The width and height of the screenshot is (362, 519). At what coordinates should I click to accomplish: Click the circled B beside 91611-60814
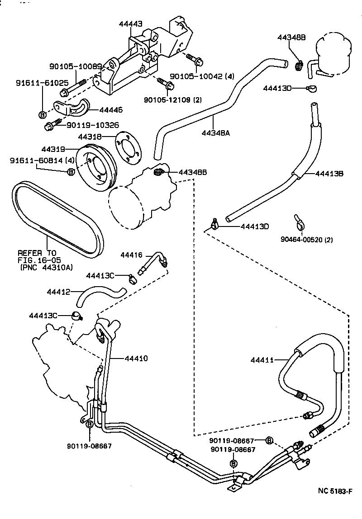(71, 172)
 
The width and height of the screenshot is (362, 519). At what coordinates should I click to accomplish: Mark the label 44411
(262, 360)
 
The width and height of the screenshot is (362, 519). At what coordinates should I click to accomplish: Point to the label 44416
(131, 255)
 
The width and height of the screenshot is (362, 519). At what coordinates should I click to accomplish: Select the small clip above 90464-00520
(298, 222)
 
